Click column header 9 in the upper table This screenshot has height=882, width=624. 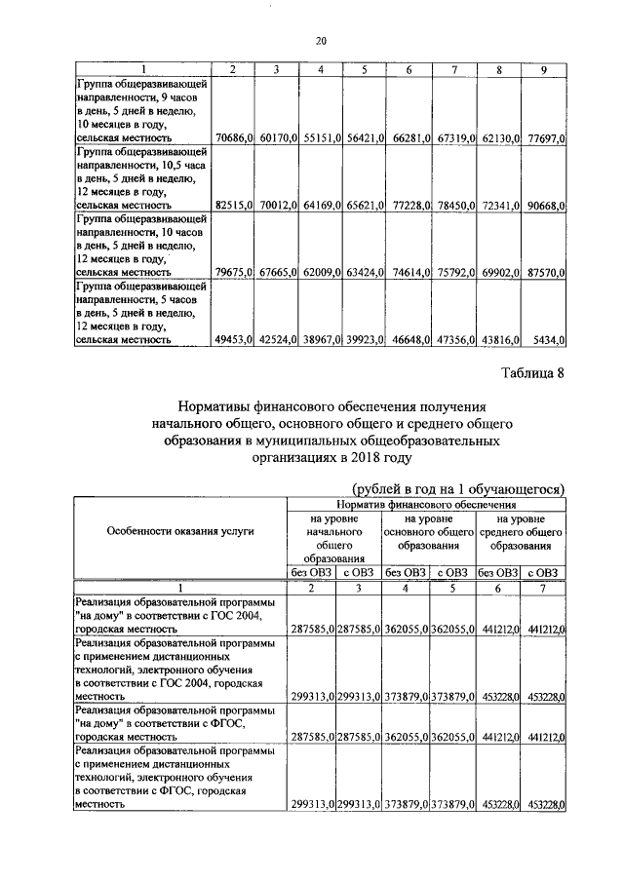(544, 70)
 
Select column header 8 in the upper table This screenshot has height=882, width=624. (499, 70)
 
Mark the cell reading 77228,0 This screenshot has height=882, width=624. (410, 206)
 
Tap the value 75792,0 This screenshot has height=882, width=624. (454, 273)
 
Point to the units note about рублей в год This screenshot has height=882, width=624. (458, 488)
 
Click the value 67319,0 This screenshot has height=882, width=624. (454, 139)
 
